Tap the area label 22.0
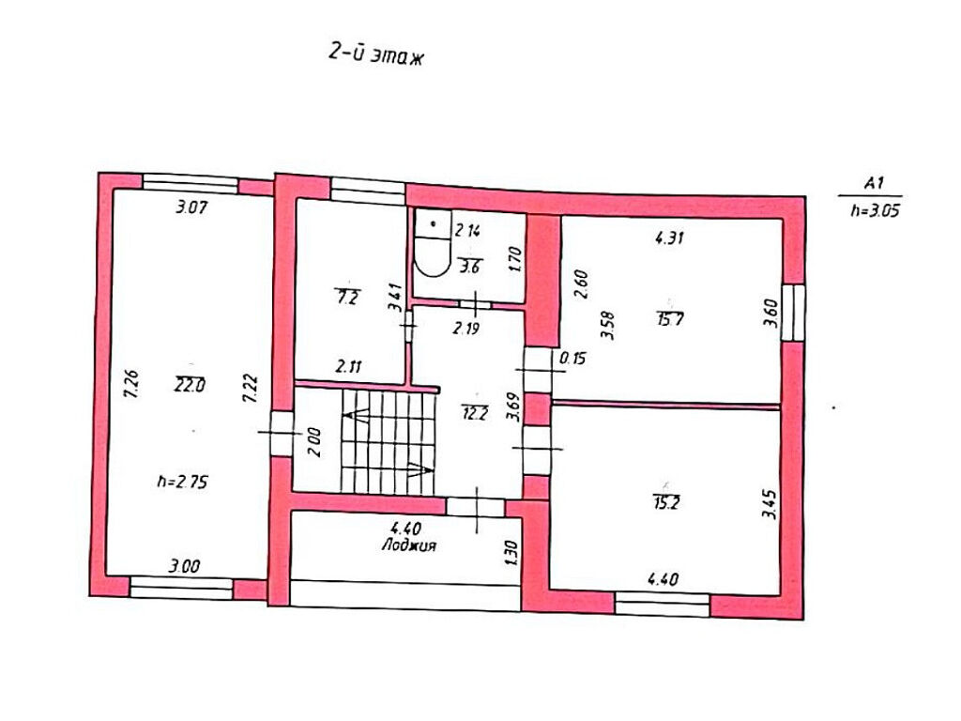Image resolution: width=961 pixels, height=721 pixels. click(x=190, y=385)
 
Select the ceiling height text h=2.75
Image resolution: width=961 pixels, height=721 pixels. click(x=182, y=482)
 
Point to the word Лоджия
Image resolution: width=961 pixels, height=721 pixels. click(x=409, y=545)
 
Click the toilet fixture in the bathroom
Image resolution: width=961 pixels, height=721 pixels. click(x=433, y=243)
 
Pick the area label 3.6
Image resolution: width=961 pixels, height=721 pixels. click(x=470, y=266)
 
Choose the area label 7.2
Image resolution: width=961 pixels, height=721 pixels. click(x=347, y=297)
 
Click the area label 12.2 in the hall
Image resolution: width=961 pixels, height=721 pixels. click(x=475, y=413)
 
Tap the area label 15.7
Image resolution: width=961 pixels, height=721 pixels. click(x=670, y=319)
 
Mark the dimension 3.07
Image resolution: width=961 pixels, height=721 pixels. click(x=191, y=207)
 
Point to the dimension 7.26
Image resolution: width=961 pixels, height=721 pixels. click(x=131, y=384)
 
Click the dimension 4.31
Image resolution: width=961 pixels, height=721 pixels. click(x=669, y=238)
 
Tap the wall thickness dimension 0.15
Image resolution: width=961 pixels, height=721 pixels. click(x=573, y=358)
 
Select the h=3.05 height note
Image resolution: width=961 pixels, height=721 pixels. click(x=875, y=210)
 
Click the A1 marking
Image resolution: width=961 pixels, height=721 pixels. click(x=874, y=183)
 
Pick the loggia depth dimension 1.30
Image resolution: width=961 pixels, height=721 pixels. click(x=512, y=553)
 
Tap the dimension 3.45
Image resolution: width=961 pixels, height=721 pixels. click(x=770, y=503)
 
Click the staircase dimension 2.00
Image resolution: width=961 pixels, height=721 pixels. click(x=313, y=441)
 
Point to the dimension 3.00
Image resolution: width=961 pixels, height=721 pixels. click(x=184, y=565)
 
